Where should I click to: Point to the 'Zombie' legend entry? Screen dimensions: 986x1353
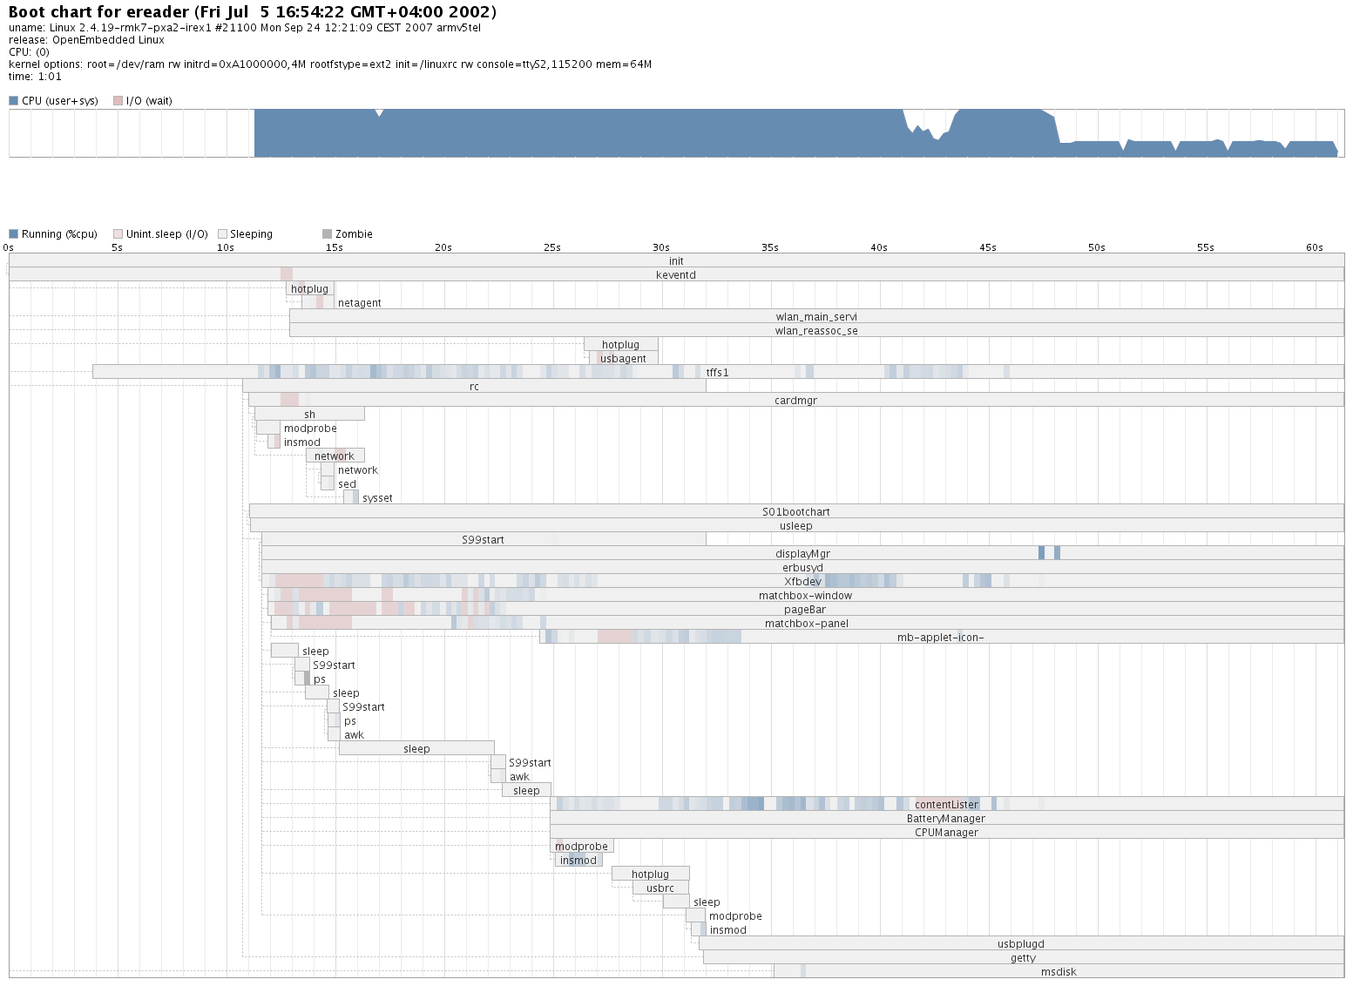(353, 234)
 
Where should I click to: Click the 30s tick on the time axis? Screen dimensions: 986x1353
(661, 247)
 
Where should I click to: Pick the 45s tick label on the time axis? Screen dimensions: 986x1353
(987, 247)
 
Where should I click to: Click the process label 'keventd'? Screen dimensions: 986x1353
(676, 275)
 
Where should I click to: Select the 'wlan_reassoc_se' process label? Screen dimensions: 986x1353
(816, 331)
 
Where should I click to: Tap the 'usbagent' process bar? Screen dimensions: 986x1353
(623, 359)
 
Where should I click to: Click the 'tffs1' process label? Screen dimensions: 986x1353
(717, 373)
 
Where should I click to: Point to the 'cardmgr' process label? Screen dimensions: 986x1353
(795, 401)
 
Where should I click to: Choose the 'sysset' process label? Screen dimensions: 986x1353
(377, 498)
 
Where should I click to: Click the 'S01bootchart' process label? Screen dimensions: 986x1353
(795, 512)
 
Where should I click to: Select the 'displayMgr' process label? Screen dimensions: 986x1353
(802, 554)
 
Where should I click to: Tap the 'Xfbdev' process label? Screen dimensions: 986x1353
(802, 582)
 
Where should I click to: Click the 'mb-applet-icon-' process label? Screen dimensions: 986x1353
(940, 638)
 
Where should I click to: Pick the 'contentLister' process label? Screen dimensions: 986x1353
(946, 805)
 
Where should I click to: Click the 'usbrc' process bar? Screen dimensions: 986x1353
(660, 888)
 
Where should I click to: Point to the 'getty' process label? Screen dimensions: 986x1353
(1023, 958)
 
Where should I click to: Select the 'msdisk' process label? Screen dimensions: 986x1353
(1059, 972)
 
